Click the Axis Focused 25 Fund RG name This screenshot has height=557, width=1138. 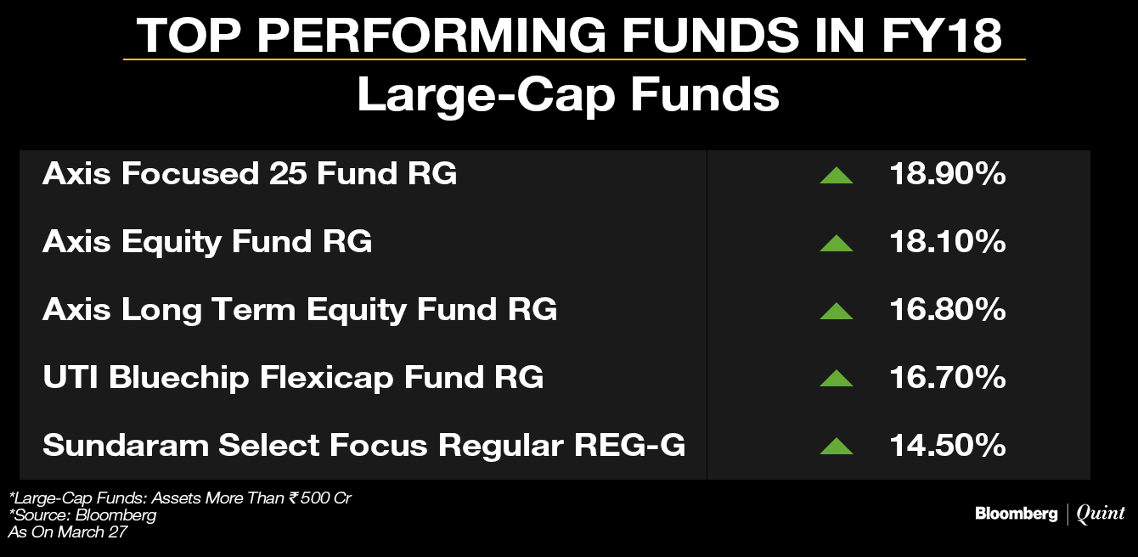point(250,174)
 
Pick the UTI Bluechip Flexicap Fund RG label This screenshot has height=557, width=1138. point(293,378)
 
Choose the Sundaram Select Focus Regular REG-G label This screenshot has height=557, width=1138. point(363,446)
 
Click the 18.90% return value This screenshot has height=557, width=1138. point(948,174)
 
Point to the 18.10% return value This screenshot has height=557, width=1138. point(948,241)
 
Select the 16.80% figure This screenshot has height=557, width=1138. point(948,309)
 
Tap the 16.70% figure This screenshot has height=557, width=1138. point(948,377)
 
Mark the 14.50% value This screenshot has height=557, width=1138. point(948,445)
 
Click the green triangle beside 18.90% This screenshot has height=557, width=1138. point(837,176)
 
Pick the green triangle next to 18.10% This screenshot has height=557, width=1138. point(837,244)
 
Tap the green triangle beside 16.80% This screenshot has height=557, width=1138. point(837,312)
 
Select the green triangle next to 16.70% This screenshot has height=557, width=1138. point(837,379)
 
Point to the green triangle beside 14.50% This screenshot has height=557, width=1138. point(837,447)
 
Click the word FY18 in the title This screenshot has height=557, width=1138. point(941,35)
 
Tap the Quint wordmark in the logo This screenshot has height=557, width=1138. point(1101,514)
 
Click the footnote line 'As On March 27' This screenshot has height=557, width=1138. point(67,532)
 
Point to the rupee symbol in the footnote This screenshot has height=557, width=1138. point(293,498)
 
